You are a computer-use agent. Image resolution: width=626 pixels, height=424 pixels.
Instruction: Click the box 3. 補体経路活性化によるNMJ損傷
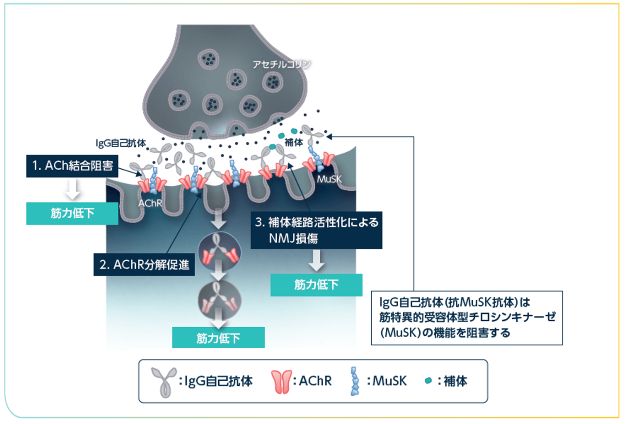[316, 230]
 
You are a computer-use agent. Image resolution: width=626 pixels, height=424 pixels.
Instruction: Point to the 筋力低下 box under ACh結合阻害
[72, 214]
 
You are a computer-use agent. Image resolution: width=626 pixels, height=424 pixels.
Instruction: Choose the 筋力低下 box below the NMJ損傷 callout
[316, 285]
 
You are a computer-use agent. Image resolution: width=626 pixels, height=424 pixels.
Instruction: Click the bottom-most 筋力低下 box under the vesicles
[218, 337]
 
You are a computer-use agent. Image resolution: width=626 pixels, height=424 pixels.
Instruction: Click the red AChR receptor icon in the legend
[280, 380]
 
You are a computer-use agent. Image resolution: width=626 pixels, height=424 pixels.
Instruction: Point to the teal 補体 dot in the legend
[428, 380]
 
